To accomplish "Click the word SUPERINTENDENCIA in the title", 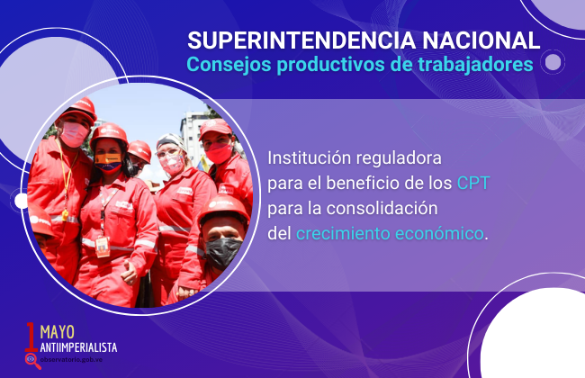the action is (x=301, y=40).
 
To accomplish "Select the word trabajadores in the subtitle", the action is (x=475, y=64).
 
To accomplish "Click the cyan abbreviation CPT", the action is (x=473, y=183).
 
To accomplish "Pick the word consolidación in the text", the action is (x=382, y=208).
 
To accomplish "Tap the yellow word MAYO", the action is (x=57, y=332).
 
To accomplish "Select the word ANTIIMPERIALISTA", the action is (x=78, y=347).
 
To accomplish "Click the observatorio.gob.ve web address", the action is (x=71, y=360).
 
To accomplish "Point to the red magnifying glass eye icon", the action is (x=32, y=361).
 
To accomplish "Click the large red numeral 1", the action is (x=31, y=337).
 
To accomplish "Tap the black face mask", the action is (x=222, y=253).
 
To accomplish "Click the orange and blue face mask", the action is (x=108, y=162).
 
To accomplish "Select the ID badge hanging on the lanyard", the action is (x=103, y=247).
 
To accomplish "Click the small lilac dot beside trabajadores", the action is (x=553, y=62).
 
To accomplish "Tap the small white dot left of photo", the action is (x=21, y=201).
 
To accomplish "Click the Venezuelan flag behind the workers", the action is (x=203, y=164).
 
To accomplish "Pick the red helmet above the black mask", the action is (x=223, y=210).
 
